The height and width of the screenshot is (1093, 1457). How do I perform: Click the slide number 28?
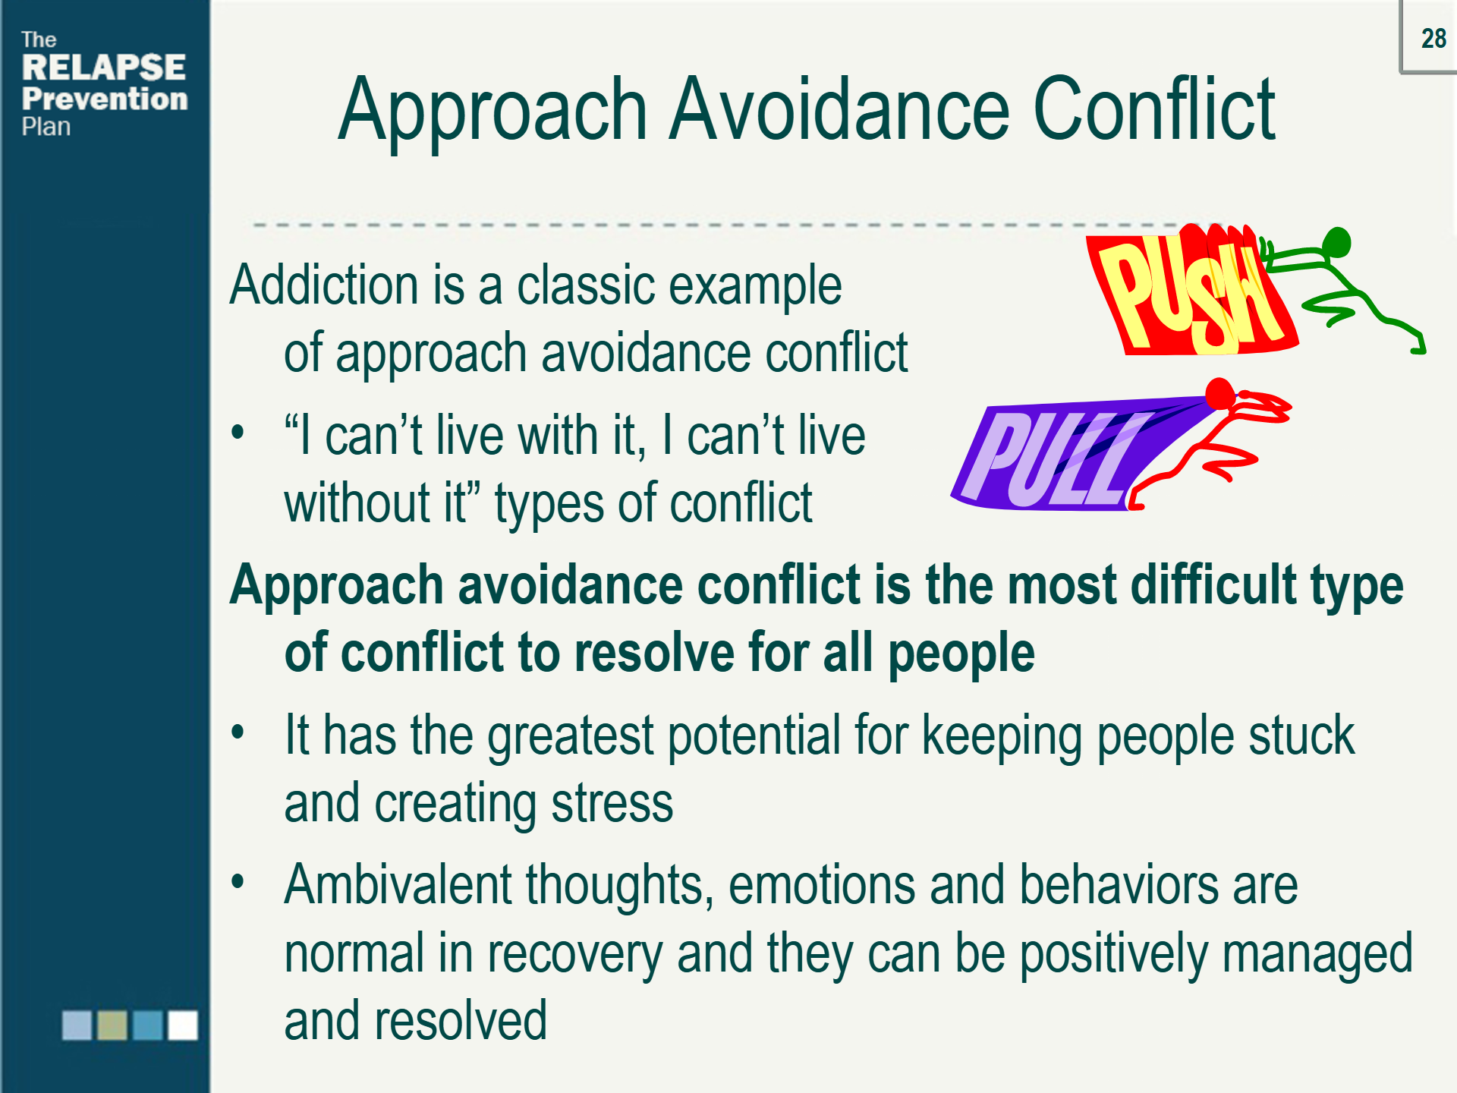click(x=1433, y=39)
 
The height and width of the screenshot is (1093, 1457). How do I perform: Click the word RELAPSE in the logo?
click(x=104, y=68)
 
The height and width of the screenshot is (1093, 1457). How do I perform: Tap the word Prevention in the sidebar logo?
click(x=105, y=99)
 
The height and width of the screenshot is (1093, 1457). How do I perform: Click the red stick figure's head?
click(x=1220, y=394)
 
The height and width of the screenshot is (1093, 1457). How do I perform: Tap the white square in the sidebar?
click(x=183, y=1025)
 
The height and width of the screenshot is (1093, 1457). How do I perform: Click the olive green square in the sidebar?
click(x=112, y=1025)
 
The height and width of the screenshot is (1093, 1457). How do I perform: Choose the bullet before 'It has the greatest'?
click(x=238, y=733)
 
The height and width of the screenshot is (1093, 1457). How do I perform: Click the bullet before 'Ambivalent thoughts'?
click(x=238, y=882)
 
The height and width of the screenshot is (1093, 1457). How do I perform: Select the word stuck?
click(x=1301, y=735)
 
